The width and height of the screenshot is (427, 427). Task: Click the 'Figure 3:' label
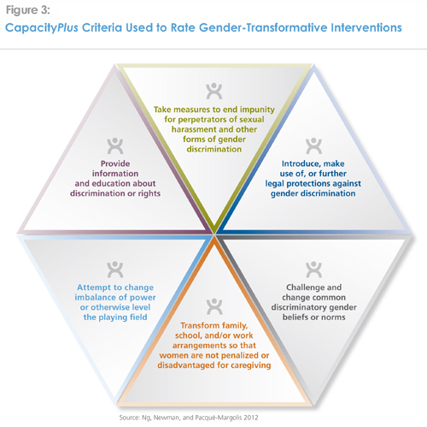click(27, 10)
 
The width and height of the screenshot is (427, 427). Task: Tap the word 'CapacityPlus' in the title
click(42, 28)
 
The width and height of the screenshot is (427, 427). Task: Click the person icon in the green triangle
click(214, 91)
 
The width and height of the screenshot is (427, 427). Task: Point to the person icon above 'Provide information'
click(115, 145)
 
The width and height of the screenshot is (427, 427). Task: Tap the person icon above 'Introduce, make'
click(313, 145)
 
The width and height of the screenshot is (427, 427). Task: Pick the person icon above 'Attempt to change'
click(115, 270)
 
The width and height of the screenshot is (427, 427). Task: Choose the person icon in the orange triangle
click(214, 306)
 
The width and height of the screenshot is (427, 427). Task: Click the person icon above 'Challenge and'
click(313, 270)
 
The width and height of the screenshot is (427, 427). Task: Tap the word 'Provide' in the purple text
click(115, 163)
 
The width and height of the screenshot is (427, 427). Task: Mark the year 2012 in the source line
click(251, 418)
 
